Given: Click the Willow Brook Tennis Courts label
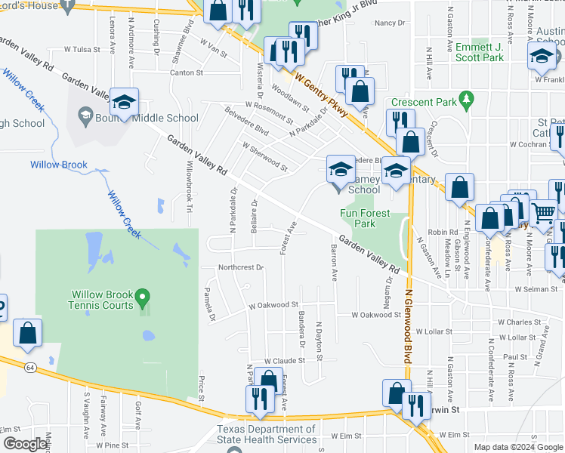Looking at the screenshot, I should pyautogui.click(x=103, y=300).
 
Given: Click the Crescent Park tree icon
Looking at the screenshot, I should pyautogui.click(x=467, y=99).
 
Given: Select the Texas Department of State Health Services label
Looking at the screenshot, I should pyautogui.click(x=267, y=434).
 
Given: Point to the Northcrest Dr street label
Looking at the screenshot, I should pyautogui.click(x=240, y=267).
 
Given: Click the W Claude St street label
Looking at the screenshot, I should pyautogui.click(x=282, y=362).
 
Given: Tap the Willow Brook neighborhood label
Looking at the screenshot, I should pyautogui.click(x=59, y=165).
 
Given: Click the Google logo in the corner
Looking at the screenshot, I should pyautogui.click(x=24, y=444).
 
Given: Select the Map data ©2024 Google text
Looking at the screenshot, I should pyautogui.click(x=517, y=447).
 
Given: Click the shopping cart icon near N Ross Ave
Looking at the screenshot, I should pyautogui.click(x=543, y=214).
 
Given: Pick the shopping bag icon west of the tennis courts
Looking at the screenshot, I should pyautogui.click(x=27, y=334).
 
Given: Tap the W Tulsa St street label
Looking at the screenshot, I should pyautogui.click(x=82, y=48).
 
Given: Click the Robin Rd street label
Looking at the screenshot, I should pyautogui.click(x=443, y=233).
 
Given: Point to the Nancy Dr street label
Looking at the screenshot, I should pyautogui.click(x=390, y=23).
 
